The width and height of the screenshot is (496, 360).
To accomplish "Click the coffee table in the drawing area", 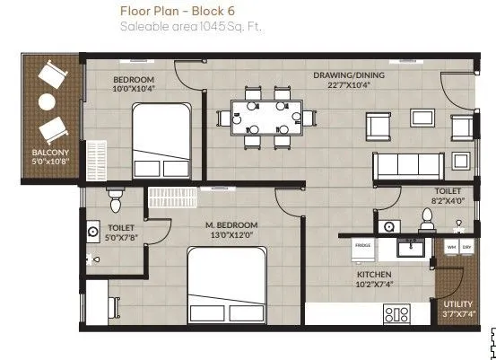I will (419, 117).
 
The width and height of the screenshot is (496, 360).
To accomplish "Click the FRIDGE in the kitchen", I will (362, 244).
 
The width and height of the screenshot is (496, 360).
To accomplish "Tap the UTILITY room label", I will (457, 308).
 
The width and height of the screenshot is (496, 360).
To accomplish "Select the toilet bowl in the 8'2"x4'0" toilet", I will (427, 218).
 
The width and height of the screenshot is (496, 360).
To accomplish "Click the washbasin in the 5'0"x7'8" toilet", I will (92, 231).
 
